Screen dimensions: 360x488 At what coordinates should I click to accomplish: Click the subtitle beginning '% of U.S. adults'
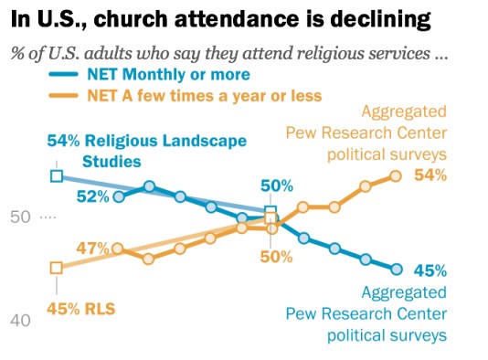[229, 52]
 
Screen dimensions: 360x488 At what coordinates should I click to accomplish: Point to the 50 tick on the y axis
[21, 217]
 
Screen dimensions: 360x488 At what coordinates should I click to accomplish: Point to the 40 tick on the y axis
[21, 320]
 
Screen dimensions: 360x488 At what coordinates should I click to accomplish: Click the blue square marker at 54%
[56, 175]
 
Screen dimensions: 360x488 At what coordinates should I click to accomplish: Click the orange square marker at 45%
[56, 268]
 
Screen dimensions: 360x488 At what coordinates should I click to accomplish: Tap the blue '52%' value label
[92, 196]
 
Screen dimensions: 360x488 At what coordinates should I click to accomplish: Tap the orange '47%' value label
[92, 248]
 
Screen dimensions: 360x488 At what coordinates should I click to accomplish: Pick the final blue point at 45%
[397, 269]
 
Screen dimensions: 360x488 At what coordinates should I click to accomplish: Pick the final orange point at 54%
[397, 175]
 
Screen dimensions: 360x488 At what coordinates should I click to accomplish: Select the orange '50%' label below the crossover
[276, 256]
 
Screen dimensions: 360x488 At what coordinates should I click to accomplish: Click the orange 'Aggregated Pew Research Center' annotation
[383, 132]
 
